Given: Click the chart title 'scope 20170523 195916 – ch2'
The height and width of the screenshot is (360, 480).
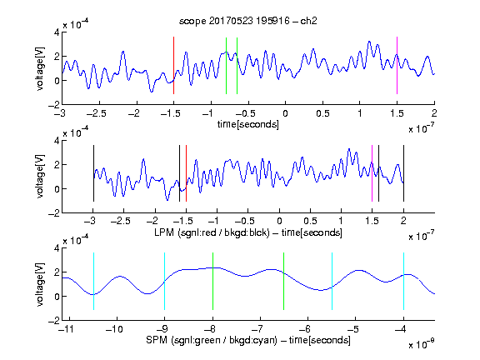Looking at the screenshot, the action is [x=247, y=21].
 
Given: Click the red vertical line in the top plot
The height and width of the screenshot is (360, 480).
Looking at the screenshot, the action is [x=173, y=65].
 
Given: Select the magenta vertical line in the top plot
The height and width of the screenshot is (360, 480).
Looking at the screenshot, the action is [x=397, y=65].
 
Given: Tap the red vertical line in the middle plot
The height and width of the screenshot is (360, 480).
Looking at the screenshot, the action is [x=186, y=173].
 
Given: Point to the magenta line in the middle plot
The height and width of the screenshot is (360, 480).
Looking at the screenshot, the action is [x=372, y=173].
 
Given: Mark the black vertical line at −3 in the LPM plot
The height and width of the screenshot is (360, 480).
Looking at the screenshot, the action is [x=93, y=173].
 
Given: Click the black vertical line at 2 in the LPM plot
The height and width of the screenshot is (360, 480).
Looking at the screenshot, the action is [x=403, y=173].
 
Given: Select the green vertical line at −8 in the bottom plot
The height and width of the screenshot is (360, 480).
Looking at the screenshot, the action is [x=212, y=281].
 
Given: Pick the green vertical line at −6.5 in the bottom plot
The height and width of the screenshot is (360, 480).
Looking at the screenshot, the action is [x=284, y=281].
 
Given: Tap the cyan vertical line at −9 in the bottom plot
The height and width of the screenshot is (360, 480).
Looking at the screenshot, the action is [x=164, y=281].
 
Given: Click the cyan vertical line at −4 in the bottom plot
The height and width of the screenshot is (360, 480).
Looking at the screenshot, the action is [x=403, y=281].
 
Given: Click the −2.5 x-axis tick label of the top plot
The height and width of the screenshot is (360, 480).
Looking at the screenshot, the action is [x=97, y=113].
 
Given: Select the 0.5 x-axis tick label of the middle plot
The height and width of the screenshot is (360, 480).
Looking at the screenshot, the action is [x=310, y=221].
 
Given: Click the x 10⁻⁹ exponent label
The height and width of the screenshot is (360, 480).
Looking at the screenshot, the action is [x=422, y=344].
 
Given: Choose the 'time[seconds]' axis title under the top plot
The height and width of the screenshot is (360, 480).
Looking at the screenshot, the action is [x=248, y=124].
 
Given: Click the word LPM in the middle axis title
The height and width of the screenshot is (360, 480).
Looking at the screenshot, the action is [x=164, y=232].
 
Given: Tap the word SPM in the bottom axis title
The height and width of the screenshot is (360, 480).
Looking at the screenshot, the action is [x=157, y=340].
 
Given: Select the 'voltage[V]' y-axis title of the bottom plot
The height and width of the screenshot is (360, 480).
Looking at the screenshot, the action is [x=40, y=284].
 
